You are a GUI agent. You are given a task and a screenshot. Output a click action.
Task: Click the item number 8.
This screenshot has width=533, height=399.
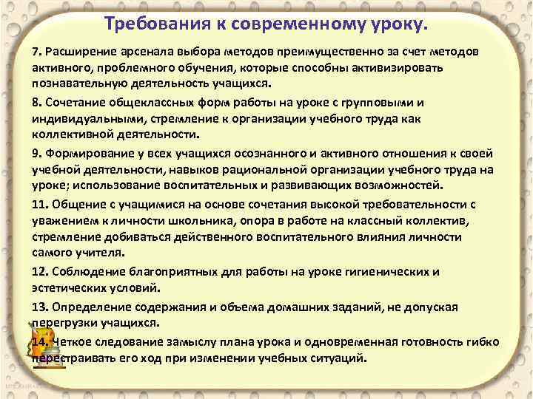[37, 101]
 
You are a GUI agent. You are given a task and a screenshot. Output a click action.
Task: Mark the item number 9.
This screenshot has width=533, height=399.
[37, 154]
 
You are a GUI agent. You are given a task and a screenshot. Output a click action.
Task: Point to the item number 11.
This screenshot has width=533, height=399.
[39, 204]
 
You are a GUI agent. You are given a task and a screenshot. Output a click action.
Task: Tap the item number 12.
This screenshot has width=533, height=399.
[39, 271]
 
